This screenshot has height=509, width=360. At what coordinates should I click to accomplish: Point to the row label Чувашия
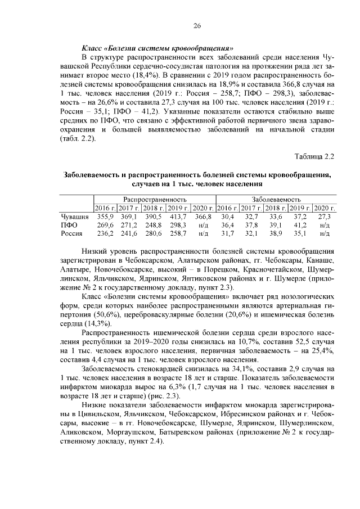click(74, 216)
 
